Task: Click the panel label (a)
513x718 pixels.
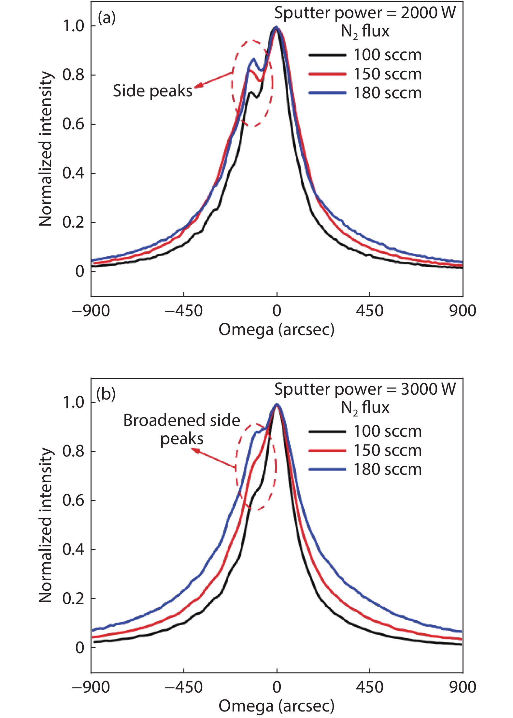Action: pyautogui.click(x=107, y=18)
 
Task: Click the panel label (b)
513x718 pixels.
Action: pyautogui.click(x=106, y=394)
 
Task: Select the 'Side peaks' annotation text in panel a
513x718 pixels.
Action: pyautogui.click(x=152, y=91)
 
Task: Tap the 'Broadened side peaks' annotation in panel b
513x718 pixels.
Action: pyautogui.click(x=182, y=429)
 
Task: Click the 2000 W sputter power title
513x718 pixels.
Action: pyautogui.click(x=365, y=13)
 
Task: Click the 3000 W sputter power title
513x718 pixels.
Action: pyautogui.click(x=365, y=389)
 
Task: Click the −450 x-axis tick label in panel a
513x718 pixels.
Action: pyautogui.click(x=184, y=311)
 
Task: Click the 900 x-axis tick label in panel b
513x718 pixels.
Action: pyautogui.click(x=463, y=687)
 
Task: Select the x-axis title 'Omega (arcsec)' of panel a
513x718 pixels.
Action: pyautogui.click(x=276, y=330)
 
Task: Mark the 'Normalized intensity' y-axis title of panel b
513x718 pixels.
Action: pyautogui.click(x=46, y=525)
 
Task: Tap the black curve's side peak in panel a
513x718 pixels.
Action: pyautogui.click(x=251, y=93)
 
